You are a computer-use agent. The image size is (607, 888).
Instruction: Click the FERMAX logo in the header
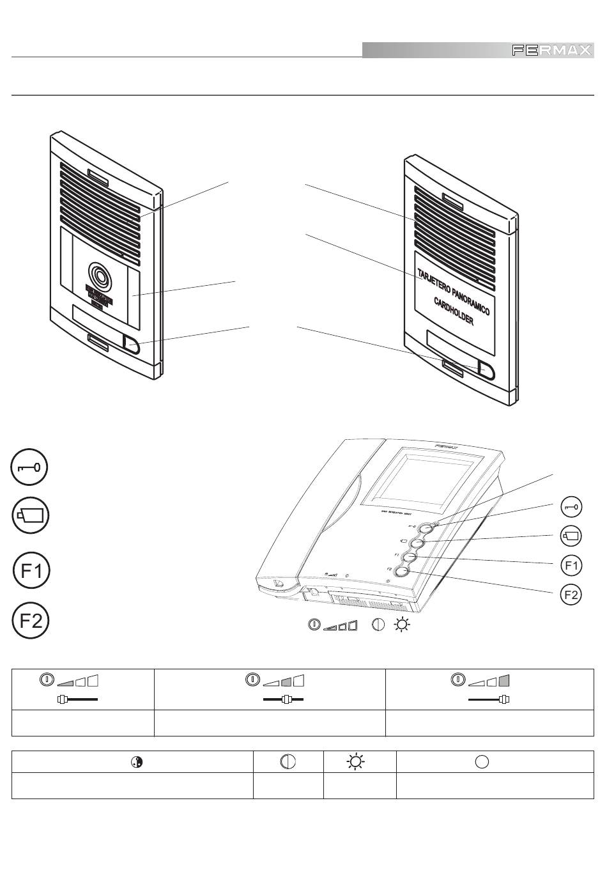(x=551, y=51)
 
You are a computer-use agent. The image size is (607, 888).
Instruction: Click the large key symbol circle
(x=30, y=468)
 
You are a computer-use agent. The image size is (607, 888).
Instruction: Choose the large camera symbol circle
(x=30, y=515)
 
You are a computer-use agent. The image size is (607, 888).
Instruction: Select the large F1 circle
(x=31, y=570)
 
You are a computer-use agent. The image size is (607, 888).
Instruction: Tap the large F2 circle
(x=31, y=621)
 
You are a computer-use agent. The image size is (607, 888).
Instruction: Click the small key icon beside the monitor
(x=571, y=508)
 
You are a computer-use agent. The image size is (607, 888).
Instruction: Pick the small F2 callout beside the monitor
(x=571, y=595)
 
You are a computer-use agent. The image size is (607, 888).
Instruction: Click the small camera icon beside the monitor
(x=571, y=536)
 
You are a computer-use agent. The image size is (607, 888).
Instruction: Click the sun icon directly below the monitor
(x=402, y=625)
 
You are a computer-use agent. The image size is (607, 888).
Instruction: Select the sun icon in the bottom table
(x=355, y=761)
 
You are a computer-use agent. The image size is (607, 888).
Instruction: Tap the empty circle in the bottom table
(x=482, y=761)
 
